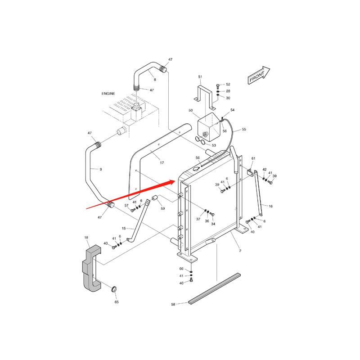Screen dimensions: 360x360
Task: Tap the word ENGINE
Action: pyautogui.click(x=108, y=94)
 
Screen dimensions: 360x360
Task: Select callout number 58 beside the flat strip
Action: pyautogui.click(x=173, y=305)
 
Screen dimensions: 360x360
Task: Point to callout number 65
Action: pyautogui.click(x=117, y=302)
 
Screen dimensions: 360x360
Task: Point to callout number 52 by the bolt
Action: pyautogui.click(x=228, y=84)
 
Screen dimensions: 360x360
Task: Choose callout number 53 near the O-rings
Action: pyautogui.click(x=214, y=145)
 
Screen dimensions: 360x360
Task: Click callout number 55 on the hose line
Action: pyautogui.click(x=244, y=130)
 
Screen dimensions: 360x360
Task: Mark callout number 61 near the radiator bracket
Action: pyautogui.click(x=253, y=159)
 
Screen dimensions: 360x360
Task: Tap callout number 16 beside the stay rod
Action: pyautogui.click(x=270, y=206)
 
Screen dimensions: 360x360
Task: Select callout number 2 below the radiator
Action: pyautogui.click(x=240, y=251)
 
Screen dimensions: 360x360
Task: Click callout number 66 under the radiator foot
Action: pyautogui.click(x=181, y=269)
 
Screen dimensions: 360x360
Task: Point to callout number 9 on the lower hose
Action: pyautogui.click(x=100, y=169)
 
